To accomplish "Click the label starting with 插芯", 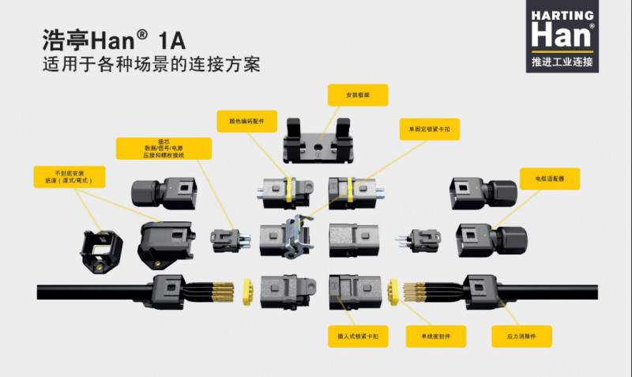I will (x=164, y=149).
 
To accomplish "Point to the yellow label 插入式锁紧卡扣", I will (x=358, y=336).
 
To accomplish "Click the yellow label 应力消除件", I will (x=521, y=336).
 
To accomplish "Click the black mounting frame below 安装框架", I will (x=316, y=139).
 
